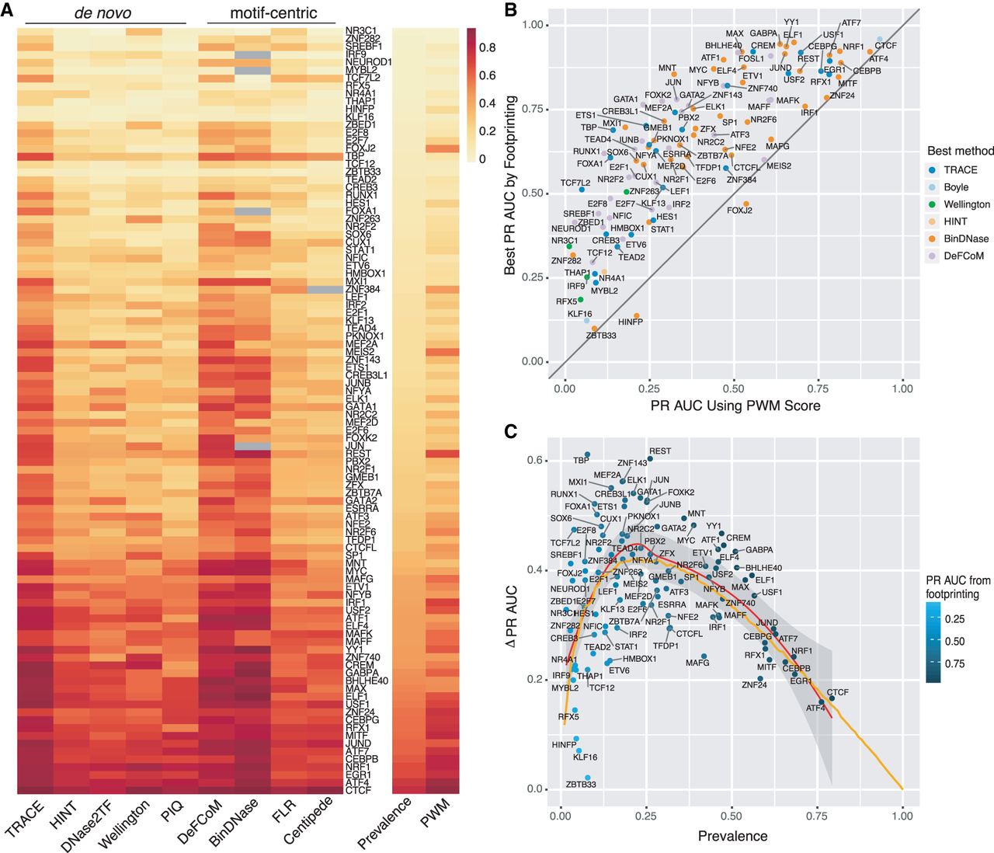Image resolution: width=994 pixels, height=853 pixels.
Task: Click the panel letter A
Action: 7,12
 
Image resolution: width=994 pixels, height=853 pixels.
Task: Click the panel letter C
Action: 510,431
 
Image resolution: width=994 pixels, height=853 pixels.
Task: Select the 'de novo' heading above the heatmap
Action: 103,13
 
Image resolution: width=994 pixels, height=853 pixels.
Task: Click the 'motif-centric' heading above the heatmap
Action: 273,13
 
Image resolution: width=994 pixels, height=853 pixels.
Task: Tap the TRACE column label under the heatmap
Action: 25,820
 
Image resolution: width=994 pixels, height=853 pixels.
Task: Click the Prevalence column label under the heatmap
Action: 384,823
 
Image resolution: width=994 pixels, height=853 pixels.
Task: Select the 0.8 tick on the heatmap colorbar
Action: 487,47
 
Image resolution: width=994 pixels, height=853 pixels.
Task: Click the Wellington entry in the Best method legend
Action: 967,204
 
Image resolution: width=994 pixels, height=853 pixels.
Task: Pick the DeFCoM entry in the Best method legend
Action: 964,256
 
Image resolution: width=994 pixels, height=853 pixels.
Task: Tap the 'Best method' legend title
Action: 960,151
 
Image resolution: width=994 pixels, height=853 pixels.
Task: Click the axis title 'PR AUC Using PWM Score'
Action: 735,406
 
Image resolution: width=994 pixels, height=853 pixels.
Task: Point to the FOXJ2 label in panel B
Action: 739,211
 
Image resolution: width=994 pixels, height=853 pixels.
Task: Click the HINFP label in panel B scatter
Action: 631,322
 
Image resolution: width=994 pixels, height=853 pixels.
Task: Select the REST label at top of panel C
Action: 660,451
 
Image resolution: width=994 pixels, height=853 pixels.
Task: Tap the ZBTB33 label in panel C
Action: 581,784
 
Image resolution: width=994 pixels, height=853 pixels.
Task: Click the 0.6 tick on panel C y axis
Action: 535,461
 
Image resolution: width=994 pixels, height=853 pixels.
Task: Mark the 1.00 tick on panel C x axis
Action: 902,816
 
